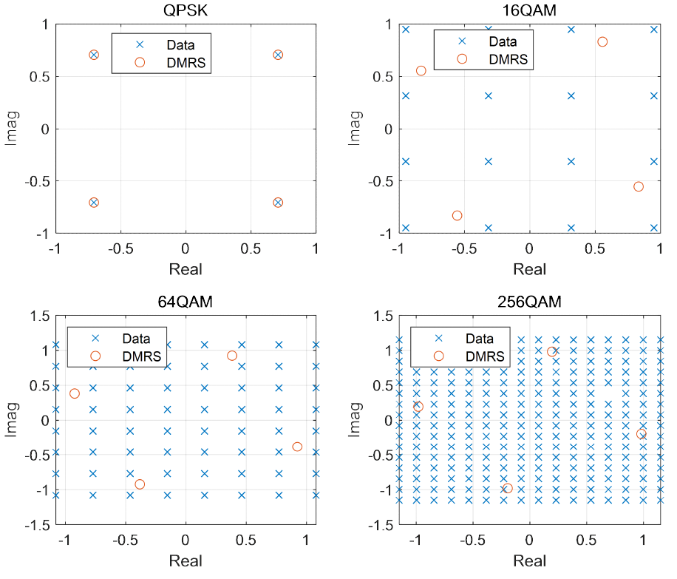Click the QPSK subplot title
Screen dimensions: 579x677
tap(186, 10)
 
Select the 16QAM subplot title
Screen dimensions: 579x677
tap(529, 10)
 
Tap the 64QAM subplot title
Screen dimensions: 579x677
tap(186, 301)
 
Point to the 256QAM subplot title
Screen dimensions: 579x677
tap(529, 301)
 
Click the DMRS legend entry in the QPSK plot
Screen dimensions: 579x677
tap(170, 63)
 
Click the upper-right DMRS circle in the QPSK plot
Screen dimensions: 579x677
tap(278, 55)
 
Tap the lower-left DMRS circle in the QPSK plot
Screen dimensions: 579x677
tap(94, 203)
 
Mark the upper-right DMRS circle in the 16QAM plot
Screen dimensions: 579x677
tap(602, 42)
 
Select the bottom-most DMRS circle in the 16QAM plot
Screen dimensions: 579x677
tap(457, 215)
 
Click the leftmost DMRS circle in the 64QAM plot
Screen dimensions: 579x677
tap(75, 393)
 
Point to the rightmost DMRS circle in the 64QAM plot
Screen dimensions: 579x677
tap(297, 447)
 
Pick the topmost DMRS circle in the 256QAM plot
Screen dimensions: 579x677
tap(551, 352)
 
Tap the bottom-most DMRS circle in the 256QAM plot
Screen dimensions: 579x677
tap(507, 488)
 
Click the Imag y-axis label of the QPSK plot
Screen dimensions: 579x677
tap(11, 129)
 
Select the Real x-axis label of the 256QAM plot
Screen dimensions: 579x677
tap(529, 561)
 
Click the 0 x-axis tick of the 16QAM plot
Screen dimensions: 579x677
tap(529, 248)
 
